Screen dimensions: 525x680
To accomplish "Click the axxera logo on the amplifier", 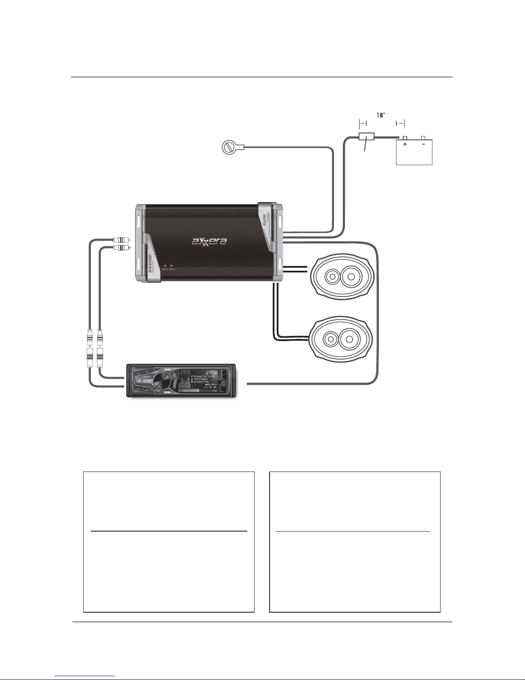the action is pyautogui.click(x=209, y=241).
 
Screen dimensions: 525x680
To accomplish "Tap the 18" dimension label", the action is pyautogui.click(x=380, y=115).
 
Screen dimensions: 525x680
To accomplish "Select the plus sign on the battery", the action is pyautogui.click(x=405, y=145).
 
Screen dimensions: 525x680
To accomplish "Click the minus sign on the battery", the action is pyautogui.click(x=423, y=145).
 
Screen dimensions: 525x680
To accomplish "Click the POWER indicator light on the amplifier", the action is pyautogui.click(x=165, y=266).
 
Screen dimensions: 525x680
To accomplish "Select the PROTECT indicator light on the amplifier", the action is pyautogui.click(x=171, y=266).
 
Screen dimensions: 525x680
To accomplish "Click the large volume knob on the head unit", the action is pyautogui.click(x=161, y=381).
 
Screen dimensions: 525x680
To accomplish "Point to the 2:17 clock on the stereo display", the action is pyautogui.click(x=211, y=372).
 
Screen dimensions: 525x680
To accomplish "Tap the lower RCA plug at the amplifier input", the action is pyautogui.click(x=120, y=248).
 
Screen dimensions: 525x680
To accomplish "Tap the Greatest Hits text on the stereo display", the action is pyautogui.click(x=201, y=382).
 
